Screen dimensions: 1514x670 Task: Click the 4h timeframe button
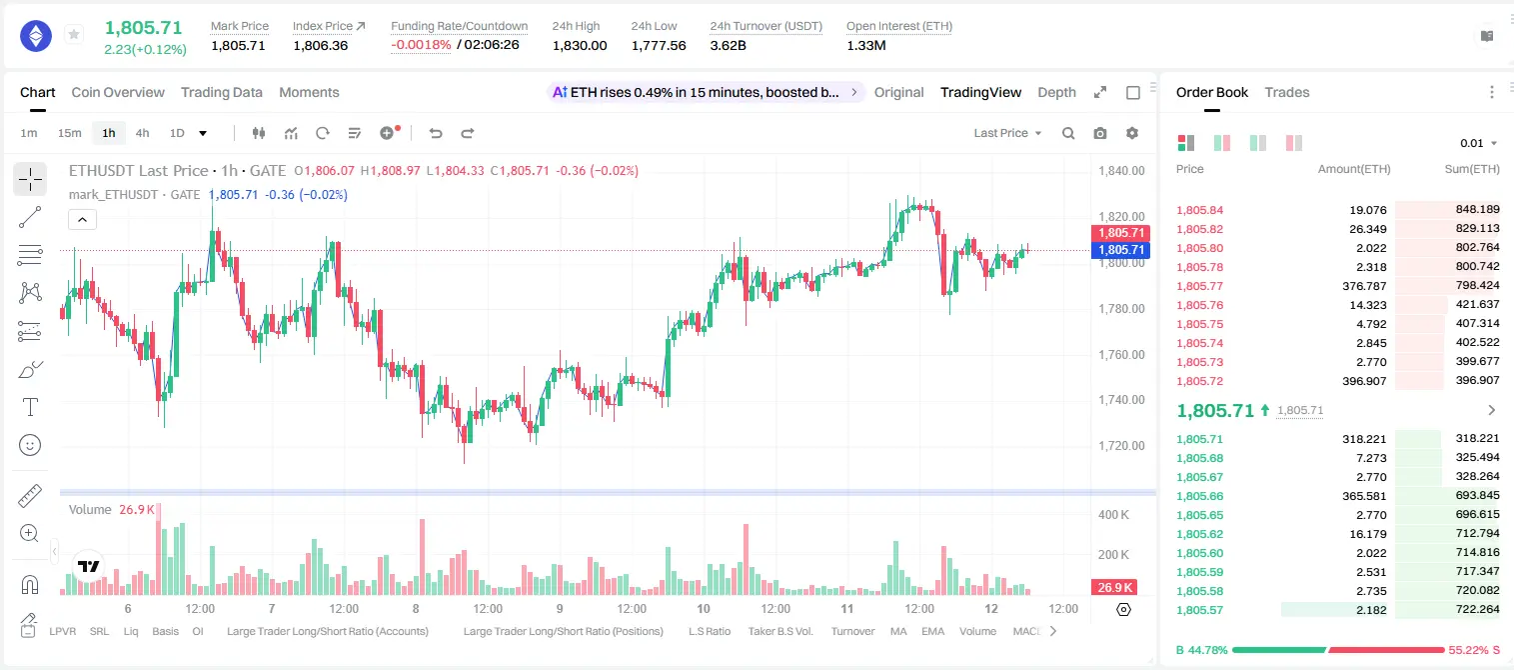(142, 133)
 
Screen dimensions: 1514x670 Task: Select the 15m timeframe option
(70, 133)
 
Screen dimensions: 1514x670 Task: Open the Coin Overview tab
(118, 93)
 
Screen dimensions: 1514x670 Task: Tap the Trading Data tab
(222, 93)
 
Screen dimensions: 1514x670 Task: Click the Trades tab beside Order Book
(1287, 93)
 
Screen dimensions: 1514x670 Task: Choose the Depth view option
(1057, 93)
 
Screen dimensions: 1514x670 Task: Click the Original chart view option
(899, 93)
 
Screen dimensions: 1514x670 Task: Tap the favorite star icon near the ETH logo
(74, 34)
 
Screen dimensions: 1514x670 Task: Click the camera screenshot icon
(1100, 133)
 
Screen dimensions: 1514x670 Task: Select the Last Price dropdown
(1007, 133)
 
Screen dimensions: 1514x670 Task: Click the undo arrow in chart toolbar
(436, 133)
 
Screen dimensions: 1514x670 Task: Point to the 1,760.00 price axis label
(1122, 354)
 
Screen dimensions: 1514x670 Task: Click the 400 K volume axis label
(1114, 515)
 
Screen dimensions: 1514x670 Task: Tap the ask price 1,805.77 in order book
(1200, 286)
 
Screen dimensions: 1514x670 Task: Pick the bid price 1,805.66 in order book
(1200, 496)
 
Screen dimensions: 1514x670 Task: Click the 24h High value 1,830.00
(580, 45)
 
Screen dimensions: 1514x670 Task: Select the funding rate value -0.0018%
(421, 45)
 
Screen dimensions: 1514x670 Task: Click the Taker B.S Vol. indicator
(780, 631)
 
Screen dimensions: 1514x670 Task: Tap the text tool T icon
(30, 407)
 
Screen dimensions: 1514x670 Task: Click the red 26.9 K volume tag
(1114, 588)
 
